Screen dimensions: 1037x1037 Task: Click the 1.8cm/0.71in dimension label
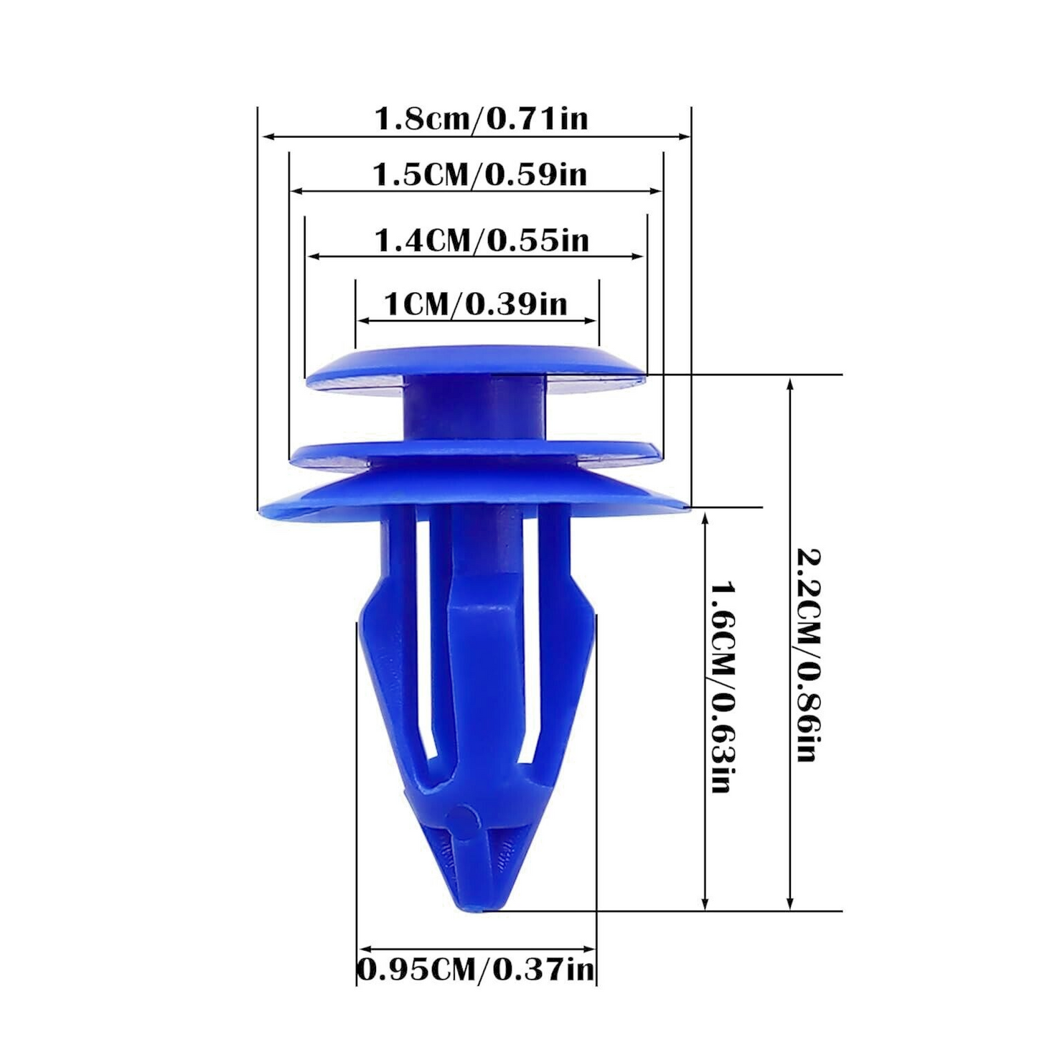(481, 118)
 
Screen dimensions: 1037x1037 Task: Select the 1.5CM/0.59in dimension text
(479, 174)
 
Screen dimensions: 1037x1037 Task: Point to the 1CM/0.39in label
(476, 304)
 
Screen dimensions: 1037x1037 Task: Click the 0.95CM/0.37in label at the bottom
(477, 970)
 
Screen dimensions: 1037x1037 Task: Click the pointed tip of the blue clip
(475, 906)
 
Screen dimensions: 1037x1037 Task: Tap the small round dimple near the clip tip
(463, 820)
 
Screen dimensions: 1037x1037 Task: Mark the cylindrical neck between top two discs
(474, 409)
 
